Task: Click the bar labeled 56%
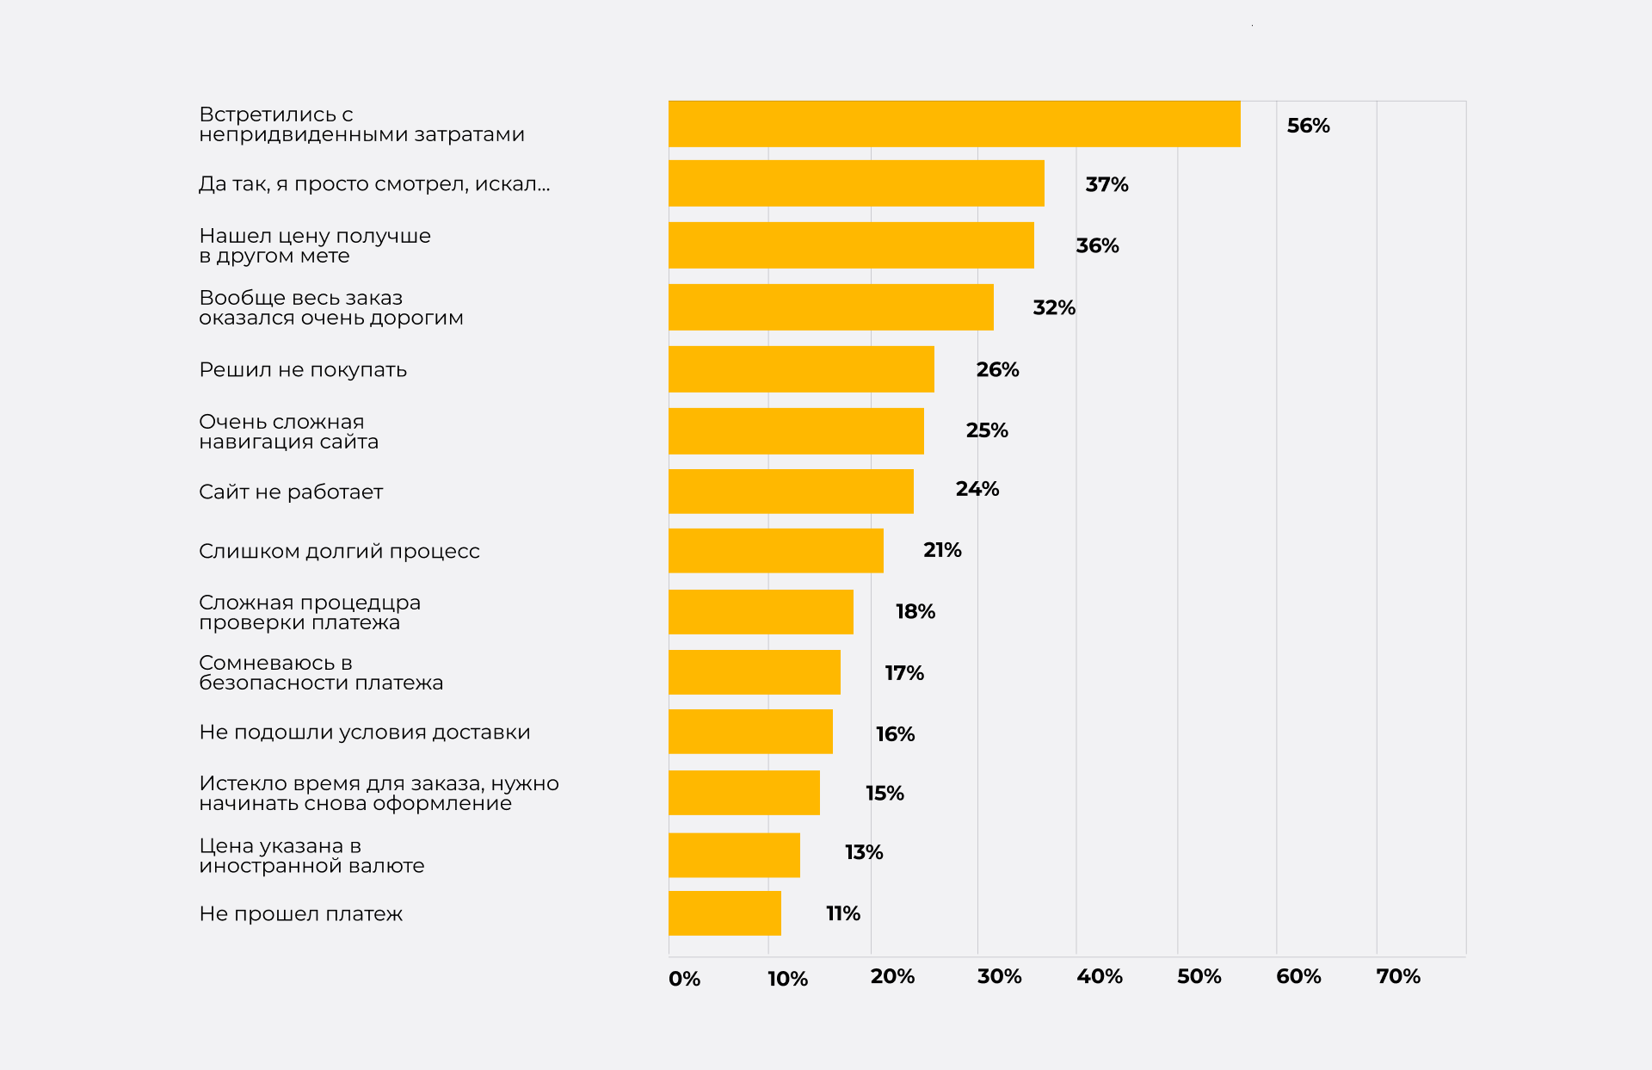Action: [x=953, y=124]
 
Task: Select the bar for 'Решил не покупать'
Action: [x=801, y=369]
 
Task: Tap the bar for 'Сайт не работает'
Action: [x=791, y=492]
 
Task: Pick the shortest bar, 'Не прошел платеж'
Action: [x=724, y=913]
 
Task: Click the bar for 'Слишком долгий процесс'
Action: [x=775, y=551]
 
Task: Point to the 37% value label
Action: [x=1106, y=184]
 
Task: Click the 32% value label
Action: [x=1054, y=307]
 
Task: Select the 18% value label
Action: [x=915, y=611]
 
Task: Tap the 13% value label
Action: [x=864, y=852]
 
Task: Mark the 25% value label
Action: [x=987, y=430]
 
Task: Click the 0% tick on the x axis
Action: [x=684, y=979]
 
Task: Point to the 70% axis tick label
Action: [x=1397, y=976]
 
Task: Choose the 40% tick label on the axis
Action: [x=1099, y=976]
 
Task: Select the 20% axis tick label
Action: [x=892, y=976]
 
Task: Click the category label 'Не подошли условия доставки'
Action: [x=365, y=733]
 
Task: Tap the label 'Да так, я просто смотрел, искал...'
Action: [x=374, y=184]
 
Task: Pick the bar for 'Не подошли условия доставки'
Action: [x=750, y=732]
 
